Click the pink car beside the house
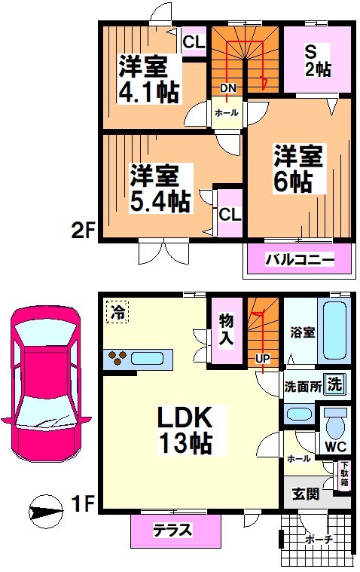tap(44, 383)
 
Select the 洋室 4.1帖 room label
tap(147, 78)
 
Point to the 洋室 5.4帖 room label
tap(158, 188)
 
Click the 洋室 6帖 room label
tap(297, 170)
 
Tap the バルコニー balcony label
tap(299, 262)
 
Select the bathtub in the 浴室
tap(334, 331)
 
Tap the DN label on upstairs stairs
tap(228, 88)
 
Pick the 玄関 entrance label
tap(306, 494)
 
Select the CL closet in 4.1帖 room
tap(193, 42)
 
